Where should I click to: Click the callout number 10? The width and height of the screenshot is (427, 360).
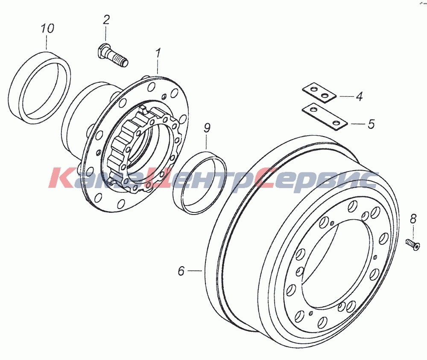48,28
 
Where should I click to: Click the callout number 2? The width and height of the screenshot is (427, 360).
106,20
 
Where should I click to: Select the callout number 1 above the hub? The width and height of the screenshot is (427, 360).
158,54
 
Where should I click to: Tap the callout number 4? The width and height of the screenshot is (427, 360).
360,96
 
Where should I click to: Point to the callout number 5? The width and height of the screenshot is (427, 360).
371,124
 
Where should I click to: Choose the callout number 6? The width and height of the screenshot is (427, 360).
181,271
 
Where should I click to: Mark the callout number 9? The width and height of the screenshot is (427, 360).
207,128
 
